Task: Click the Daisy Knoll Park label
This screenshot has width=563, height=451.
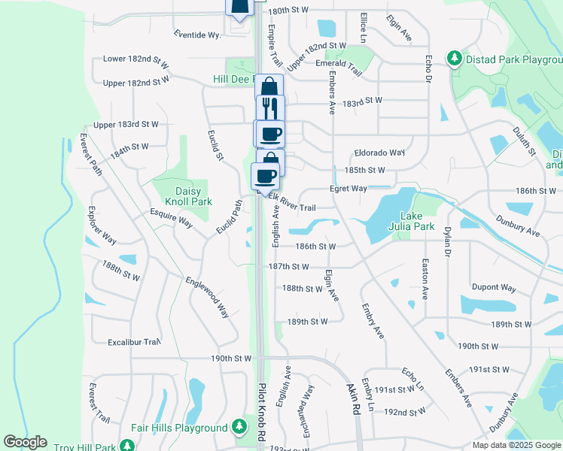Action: [183, 196]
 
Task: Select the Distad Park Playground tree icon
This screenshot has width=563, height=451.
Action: [455, 58]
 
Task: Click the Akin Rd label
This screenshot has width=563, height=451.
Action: [351, 399]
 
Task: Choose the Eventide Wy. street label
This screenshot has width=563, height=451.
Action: [197, 35]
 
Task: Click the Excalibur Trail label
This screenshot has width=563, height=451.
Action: [134, 342]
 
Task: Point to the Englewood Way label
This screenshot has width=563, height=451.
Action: [208, 297]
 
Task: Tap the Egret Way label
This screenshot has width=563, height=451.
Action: [348, 189]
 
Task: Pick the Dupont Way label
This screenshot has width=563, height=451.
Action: [493, 288]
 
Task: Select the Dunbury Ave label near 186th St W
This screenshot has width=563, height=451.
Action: [518, 225]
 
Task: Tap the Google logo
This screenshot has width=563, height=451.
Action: [25, 442]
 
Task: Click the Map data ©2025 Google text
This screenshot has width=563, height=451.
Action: [516, 445]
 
